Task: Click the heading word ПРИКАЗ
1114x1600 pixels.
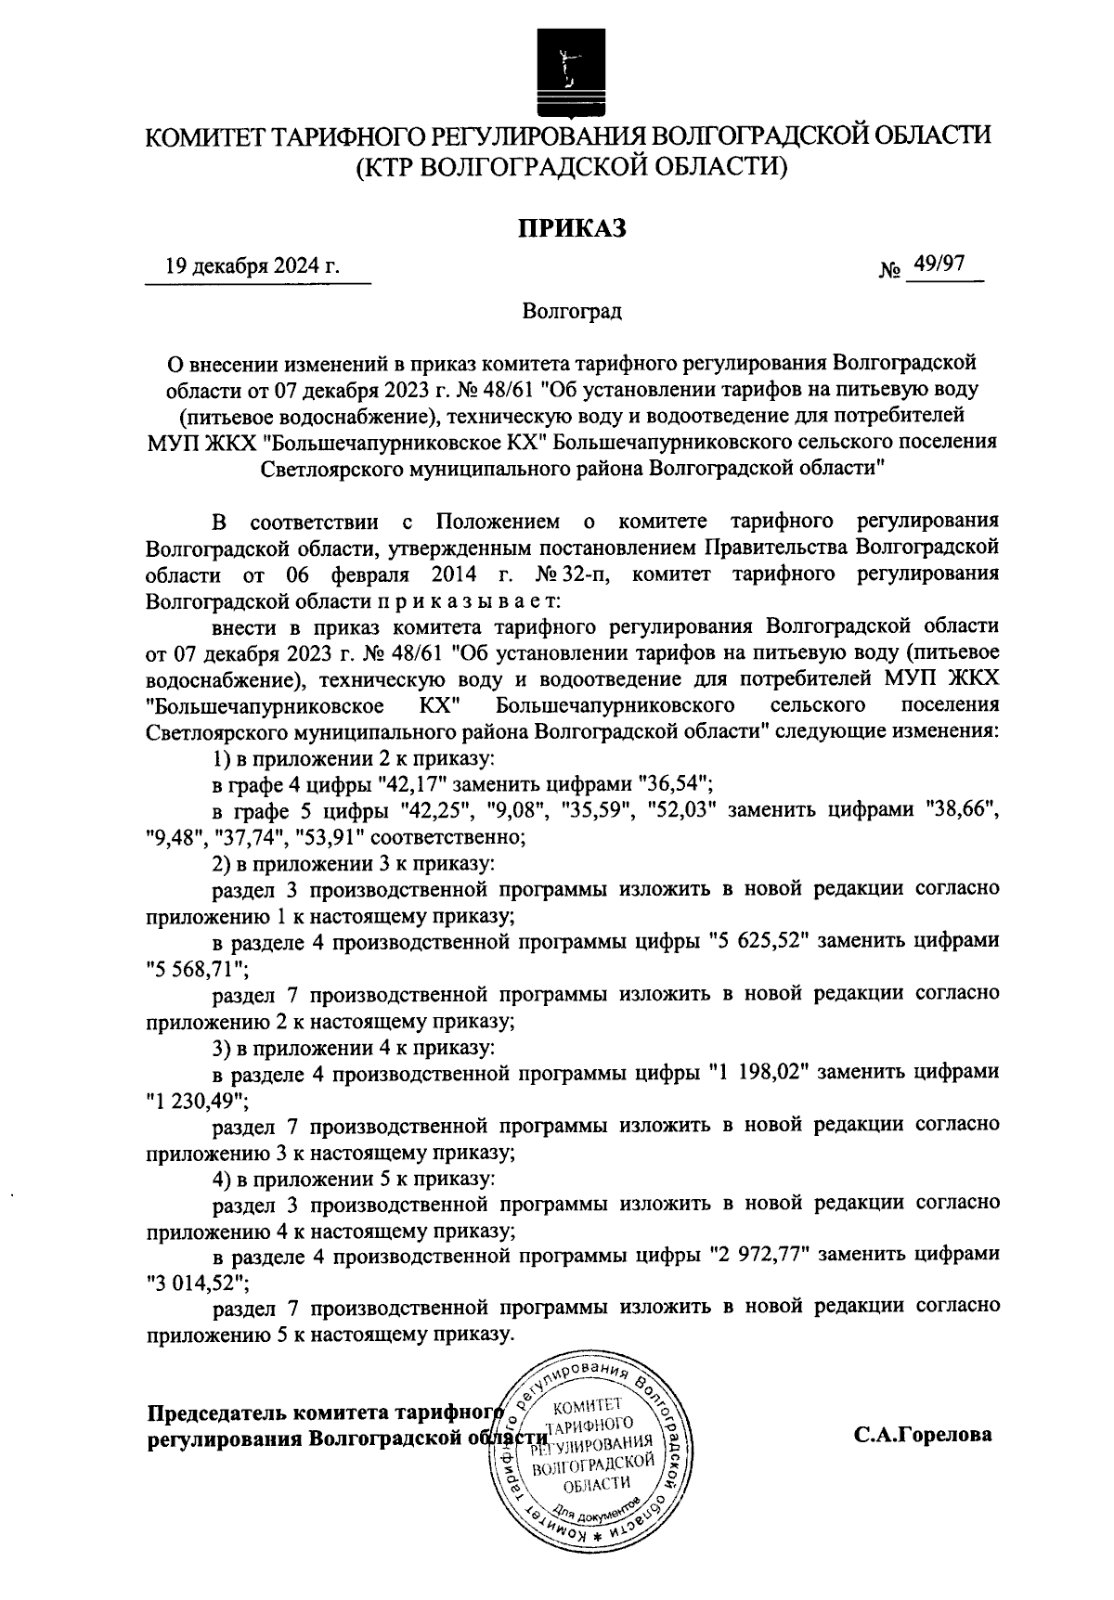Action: click(x=572, y=226)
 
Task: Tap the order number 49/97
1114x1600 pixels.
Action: click(x=939, y=265)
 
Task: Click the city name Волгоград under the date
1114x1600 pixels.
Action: click(x=572, y=311)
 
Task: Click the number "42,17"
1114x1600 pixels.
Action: click(x=434, y=784)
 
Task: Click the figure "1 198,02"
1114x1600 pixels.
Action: click(x=760, y=1073)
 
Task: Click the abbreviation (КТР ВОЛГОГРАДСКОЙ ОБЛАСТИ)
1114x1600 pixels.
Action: click(x=572, y=167)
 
